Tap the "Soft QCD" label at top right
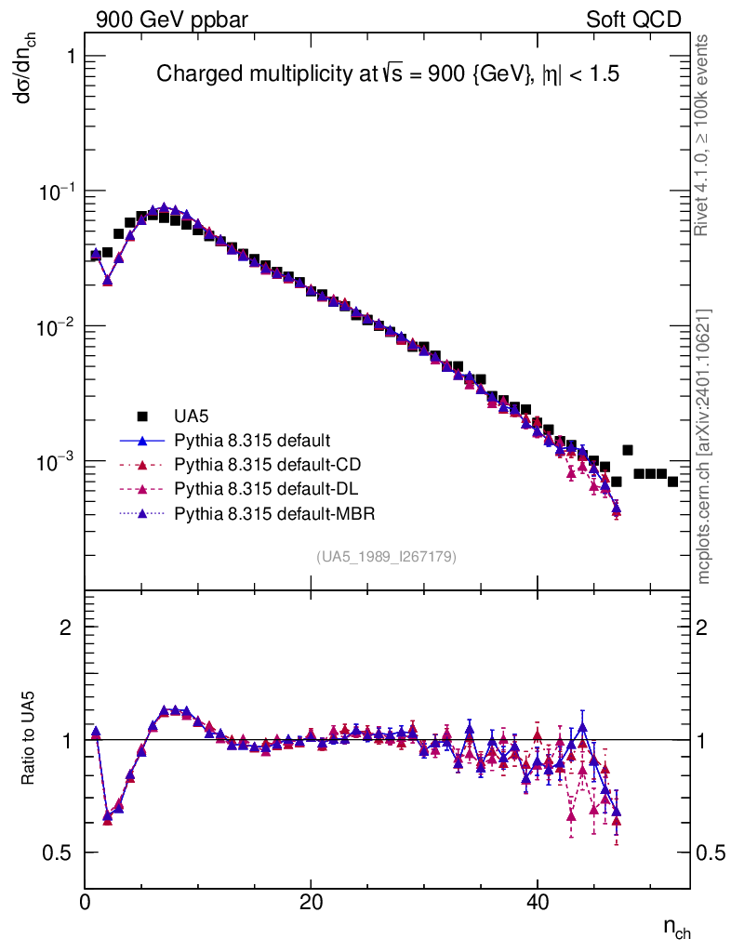[x=633, y=20]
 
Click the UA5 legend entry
[x=191, y=416]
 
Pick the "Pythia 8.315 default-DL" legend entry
[x=261, y=488]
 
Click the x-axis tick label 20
[x=312, y=901]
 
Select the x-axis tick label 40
[x=538, y=901]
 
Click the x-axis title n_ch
[x=676, y=928]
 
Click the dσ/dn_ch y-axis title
[x=32, y=71]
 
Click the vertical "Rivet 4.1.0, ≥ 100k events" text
[x=703, y=135]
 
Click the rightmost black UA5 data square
[x=672, y=481]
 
